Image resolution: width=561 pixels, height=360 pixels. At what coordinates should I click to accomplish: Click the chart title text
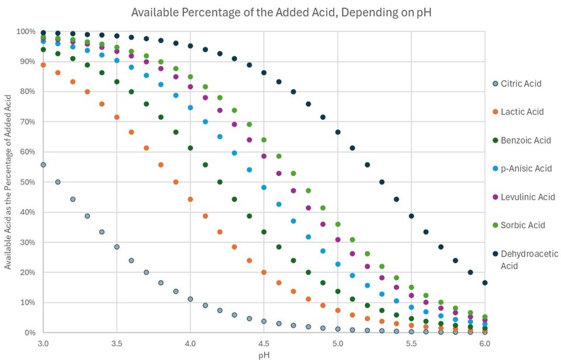tap(280, 12)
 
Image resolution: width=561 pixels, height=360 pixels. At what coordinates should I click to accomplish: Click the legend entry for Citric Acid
tap(521, 84)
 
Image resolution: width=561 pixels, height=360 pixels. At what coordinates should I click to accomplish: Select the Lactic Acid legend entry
tap(522, 112)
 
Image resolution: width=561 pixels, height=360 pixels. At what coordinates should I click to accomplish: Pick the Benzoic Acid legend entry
tap(525, 140)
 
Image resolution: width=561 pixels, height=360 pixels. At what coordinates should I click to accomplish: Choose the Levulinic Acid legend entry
tap(527, 197)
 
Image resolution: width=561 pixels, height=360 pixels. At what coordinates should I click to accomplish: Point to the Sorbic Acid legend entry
tap(522, 225)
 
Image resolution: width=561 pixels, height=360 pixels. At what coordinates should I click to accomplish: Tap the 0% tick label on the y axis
tap(29, 333)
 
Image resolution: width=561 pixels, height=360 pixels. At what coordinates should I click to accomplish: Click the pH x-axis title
tap(264, 354)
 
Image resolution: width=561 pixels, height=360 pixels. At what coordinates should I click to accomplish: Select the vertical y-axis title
tap(8, 182)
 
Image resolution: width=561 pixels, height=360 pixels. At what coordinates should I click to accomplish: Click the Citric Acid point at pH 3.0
tap(43, 165)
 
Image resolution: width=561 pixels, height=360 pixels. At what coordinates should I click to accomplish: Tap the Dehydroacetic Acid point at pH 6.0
tap(485, 283)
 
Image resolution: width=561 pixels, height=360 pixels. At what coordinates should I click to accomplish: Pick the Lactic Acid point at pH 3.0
tap(43, 65)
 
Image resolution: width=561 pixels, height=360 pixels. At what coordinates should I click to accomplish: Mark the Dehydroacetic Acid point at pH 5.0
tap(338, 132)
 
